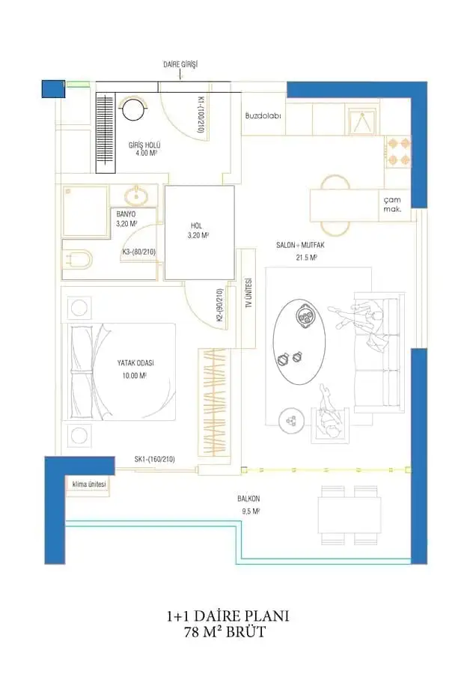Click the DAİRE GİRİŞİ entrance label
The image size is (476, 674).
pyautogui.click(x=180, y=64)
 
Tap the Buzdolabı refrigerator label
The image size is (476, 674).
pyautogui.click(x=263, y=115)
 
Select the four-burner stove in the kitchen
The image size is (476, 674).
pyautogui.click(x=398, y=151)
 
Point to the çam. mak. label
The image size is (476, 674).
pyautogui.click(x=392, y=204)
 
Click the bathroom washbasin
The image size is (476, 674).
pyautogui.click(x=137, y=195)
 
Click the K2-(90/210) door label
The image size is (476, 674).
pyautogui.click(x=219, y=306)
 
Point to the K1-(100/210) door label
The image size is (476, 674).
pyautogui.click(x=200, y=115)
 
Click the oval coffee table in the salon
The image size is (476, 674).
pyautogui.click(x=299, y=341)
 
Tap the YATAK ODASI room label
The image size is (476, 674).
pyautogui.click(x=135, y=362)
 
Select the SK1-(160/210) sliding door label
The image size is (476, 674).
pyautogui.click(x=155, y=459)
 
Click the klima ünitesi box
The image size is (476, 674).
pyautogui.click(x=88, y=485)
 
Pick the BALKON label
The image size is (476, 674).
pyautogui.click(x=248, y=499)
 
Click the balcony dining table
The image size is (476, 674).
pyautogui.click(x=350, y=515)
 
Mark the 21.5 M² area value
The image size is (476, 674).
pyautogui.click(x=306, y=258)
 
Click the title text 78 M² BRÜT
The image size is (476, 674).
pyautogui.click(x=225, y=632)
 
